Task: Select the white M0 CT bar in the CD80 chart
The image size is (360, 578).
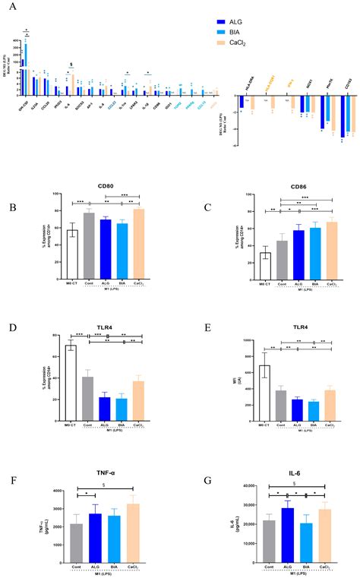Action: point(72,245)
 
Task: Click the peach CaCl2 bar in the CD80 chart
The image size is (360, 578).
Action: point(138,235)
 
